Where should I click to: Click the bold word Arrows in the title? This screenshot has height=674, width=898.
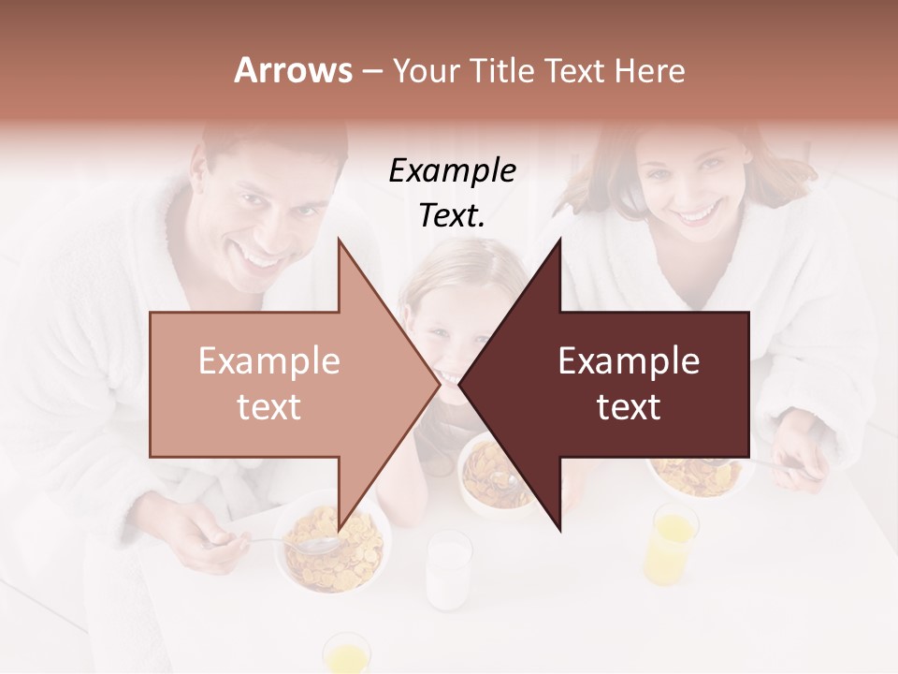pyautogui.click(x=294, y=70)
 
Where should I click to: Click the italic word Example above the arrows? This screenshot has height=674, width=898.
pyautogui.click(x=452, y=170)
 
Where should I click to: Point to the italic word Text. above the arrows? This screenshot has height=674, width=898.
pyautogui.click(x=452, y=215)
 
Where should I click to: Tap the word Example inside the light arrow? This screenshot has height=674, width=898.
pyautogui.click(x=269, y=361)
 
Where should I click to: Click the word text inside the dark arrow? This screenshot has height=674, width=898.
pyautogui.click(x=629, y=407)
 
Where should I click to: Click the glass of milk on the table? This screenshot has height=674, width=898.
pyautogui.click(x=449, y=569)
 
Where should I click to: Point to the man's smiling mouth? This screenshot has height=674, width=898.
pyautogui.click(x=263, y=254)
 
